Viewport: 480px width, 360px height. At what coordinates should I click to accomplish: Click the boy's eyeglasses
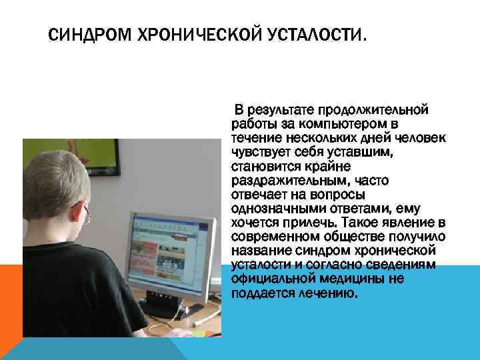point(87,215)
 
